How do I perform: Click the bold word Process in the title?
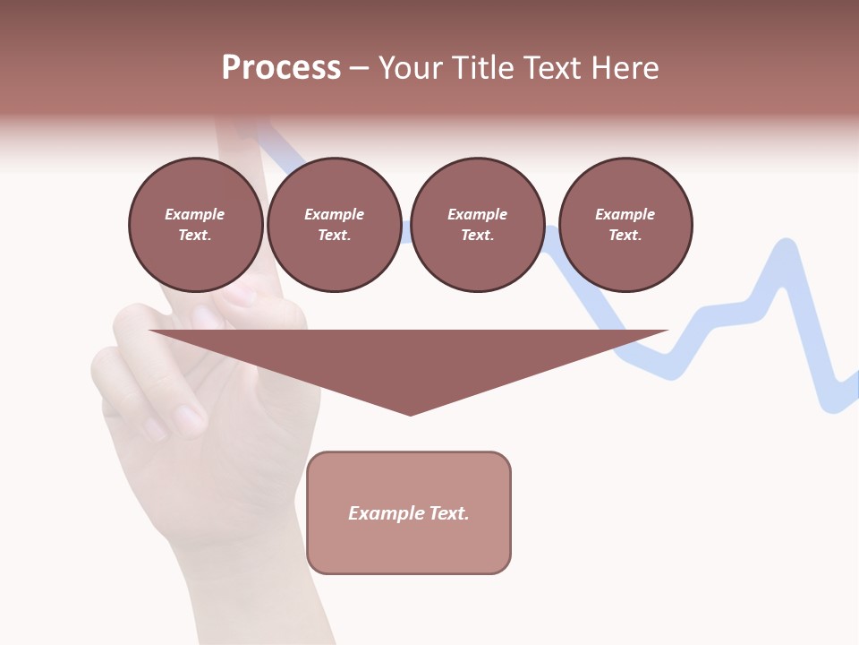[281, 68]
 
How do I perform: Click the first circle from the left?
[195, 225]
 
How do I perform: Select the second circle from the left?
[334, 225]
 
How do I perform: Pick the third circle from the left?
[477, 225]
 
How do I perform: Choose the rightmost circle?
[625, 225]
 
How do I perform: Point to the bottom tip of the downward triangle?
[410, 414]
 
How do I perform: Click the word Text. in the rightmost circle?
[625, 236]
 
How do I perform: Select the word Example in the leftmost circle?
[195, 214]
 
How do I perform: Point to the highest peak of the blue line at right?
[787, 244]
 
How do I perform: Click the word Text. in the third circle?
[477, 236]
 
